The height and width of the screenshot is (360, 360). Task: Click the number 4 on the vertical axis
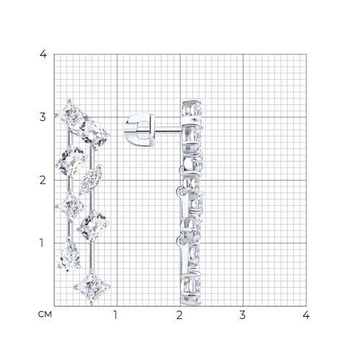(x=43, y=54)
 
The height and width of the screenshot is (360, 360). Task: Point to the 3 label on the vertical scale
(x=42, y=117)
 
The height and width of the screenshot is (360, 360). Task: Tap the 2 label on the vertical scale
(x=42, y=180)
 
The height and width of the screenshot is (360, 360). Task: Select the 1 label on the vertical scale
(x=42, y=243)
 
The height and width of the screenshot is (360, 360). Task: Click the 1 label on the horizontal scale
(x=115, y=315)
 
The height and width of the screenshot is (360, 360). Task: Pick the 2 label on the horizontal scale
(x=179, y=315)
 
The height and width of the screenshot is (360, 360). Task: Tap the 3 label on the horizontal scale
(x=243, y=315)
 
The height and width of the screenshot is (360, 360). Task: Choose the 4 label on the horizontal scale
(x=306, y=315)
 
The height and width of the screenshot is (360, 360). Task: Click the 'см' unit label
(x=45, y=315)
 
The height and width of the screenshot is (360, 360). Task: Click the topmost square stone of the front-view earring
(x=71, y=114)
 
